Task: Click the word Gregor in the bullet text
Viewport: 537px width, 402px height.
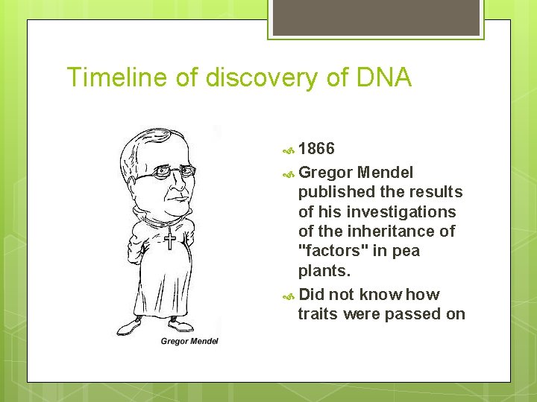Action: (325, 173)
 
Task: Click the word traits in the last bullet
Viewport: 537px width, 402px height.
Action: (318, 314)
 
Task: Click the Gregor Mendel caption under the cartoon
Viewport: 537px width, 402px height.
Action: (189, 341)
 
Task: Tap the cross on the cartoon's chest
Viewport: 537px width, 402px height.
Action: (170, 240)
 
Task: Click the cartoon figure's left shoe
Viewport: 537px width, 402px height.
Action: (131, 326)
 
